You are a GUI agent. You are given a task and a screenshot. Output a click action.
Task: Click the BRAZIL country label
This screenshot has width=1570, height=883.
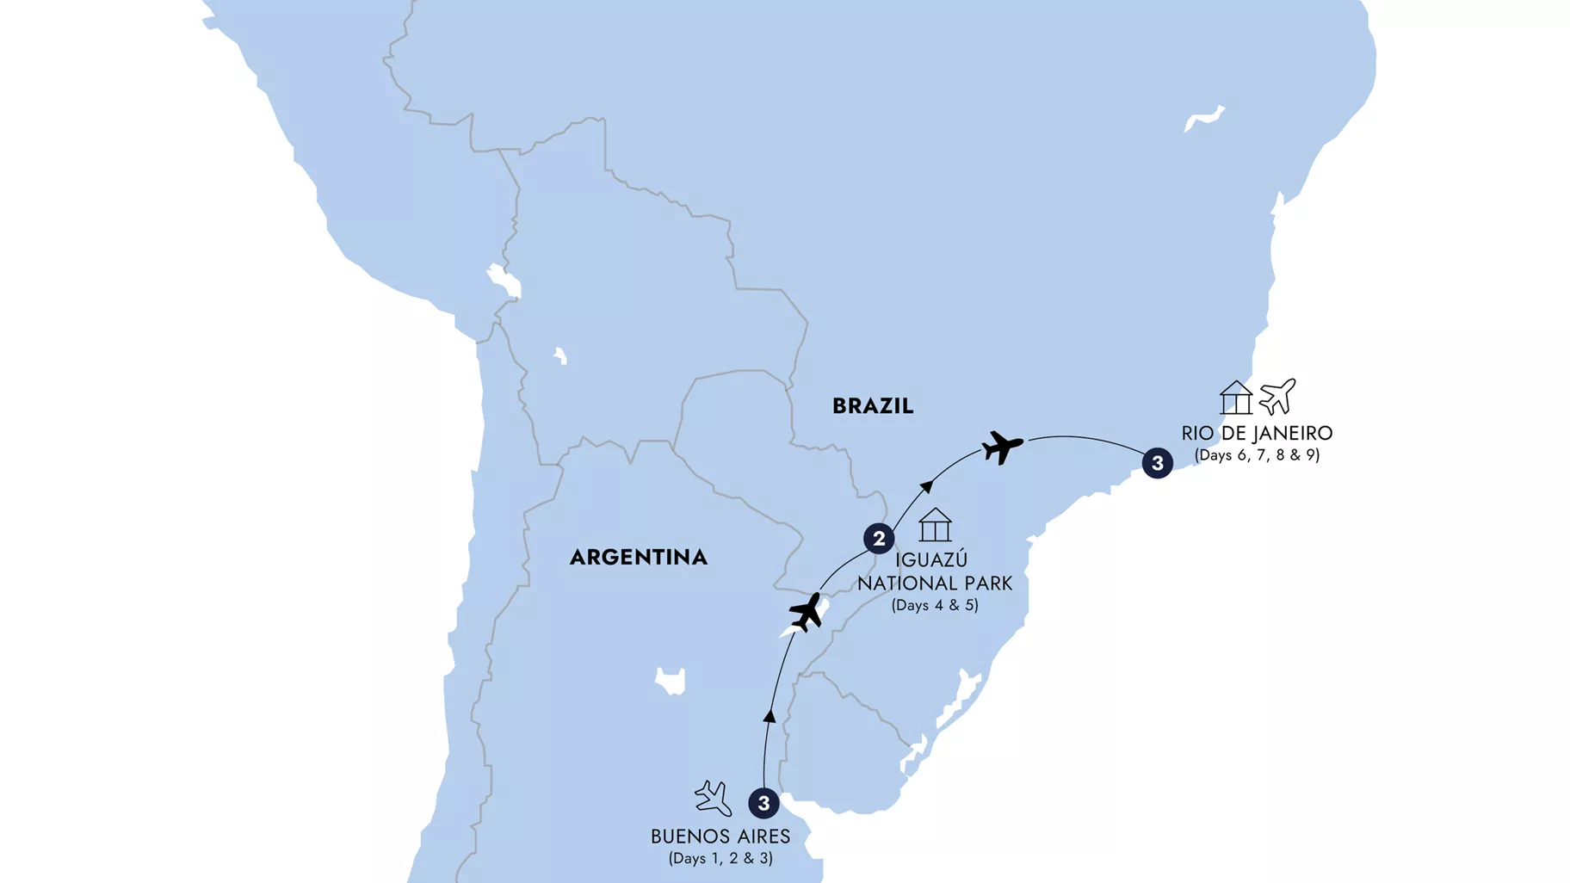pyautogui.click(x=872, y=406)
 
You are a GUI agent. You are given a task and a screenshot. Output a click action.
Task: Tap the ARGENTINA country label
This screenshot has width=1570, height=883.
pyautogui.click(x=638, y=558)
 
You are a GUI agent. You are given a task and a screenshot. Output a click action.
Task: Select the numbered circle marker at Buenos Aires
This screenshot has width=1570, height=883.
pyautogui.click(x=763, y=803)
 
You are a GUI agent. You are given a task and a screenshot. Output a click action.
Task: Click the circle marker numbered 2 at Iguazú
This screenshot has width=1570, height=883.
pyautogui.click(x=878, y=539)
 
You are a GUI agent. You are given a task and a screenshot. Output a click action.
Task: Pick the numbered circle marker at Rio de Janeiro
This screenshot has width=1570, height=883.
pyautogui.click(x=1157, y=463)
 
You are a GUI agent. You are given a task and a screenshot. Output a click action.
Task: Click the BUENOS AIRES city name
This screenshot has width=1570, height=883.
pyautogui.click(x=720, y=837)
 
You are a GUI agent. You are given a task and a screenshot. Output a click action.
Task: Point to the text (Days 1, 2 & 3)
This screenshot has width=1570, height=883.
pyautogui.click(x=720, y=858)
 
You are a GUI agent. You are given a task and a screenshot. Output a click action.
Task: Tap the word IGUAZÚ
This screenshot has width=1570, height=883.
pyautogui.click(x=931, y=560)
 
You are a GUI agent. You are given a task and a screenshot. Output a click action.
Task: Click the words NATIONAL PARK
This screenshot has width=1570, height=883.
pyautogui.click(x=935, y=584)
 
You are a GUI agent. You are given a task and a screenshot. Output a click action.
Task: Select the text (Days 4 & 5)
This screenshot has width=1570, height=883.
pyautogui.click(x=935, y=605)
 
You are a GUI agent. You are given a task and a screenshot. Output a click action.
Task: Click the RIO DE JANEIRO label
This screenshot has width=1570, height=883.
pyautogui.click(x=1256, y=433)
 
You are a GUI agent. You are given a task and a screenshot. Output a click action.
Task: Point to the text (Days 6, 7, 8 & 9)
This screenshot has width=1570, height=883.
pyautogui.click(x=1256, y=455)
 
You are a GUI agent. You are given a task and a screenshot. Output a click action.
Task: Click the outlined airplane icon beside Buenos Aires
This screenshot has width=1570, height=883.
pyautogui.click(x=713, y=798)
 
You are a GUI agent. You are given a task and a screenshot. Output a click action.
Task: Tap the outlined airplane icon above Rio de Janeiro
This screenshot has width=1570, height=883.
pyautogui.click(x=1277, y=397)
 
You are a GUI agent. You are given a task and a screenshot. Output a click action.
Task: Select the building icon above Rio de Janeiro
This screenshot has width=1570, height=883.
pyautogui.click(x=1235, y=398)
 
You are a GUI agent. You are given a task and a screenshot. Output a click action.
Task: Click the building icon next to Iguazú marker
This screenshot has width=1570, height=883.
pyautogui.click(x=935, y=525)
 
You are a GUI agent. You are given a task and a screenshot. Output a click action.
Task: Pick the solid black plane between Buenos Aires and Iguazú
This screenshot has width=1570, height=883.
pyautogui.click(x=807, y=612)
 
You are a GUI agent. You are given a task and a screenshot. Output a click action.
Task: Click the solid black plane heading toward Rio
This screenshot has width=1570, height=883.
pyautogui.click(x=1002, y=447)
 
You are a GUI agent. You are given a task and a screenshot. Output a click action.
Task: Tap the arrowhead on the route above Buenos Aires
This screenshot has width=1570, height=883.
pyautogui.click(x=770, y=716)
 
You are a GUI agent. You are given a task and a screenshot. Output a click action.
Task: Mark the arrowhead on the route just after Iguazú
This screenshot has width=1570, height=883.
pyautogui.click(x=926, y=487)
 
